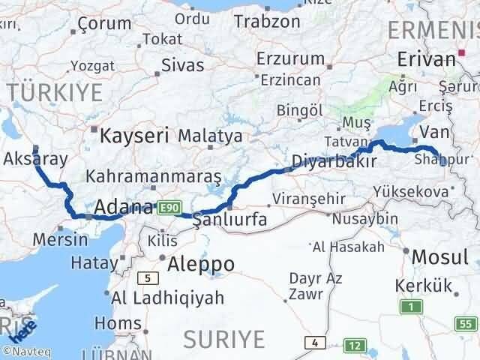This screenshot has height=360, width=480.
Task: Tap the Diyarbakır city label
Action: click(x=334, y=160)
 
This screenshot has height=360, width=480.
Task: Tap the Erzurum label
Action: click(x=287, y=58)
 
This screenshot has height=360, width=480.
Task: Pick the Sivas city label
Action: click(x=182, y=65)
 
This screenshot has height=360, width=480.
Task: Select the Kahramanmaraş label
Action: click(x=154, y=177)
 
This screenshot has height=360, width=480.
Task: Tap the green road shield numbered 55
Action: click(x=466, y=323)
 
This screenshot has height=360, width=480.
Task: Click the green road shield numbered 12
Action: click(x=354, y=346)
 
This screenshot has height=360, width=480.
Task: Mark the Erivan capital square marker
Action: click(x=463, y=52)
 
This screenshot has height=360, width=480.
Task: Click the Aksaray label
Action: click(x=35, y=158)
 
